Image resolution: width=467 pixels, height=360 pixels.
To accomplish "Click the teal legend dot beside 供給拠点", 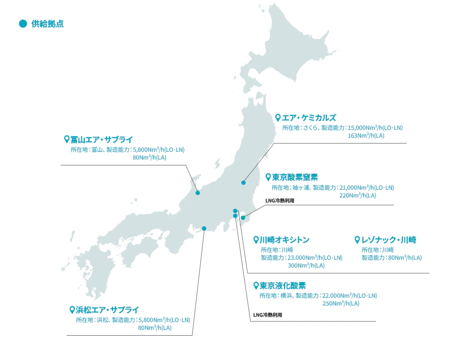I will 22,24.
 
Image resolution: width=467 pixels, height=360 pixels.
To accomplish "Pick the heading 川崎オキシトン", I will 285,240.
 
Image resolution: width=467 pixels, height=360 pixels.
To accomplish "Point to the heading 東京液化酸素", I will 283,286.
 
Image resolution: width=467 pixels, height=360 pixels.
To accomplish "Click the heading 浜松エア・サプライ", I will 108,309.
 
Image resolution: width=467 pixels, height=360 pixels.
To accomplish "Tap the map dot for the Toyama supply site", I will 198,193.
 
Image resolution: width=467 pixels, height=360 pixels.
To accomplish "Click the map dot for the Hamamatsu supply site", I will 204,228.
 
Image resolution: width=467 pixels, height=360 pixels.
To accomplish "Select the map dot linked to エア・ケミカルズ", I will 243,182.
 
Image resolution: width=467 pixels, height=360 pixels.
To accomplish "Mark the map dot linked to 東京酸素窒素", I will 243,217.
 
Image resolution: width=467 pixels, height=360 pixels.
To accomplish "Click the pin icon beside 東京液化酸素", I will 256,286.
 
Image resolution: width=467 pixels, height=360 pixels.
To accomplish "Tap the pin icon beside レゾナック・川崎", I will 358,240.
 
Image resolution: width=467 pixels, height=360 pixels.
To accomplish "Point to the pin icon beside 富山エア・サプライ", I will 67,139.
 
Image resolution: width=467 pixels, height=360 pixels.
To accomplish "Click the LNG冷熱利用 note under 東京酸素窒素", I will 280,200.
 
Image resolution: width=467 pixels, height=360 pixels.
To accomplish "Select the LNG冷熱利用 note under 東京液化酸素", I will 268,315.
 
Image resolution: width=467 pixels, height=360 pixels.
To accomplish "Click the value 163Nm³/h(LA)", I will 366,136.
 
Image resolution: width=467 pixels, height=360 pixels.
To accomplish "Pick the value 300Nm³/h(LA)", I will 306,266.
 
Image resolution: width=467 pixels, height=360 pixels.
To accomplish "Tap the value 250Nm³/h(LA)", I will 341,304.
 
